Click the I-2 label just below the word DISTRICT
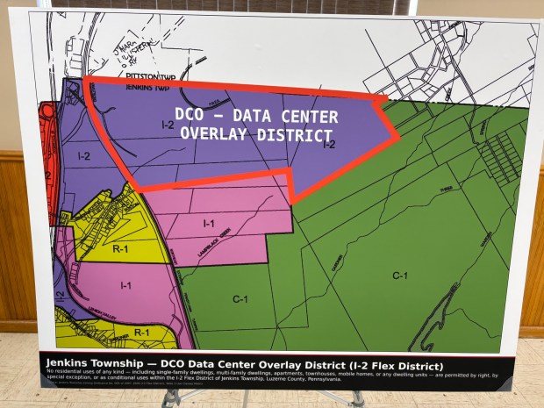[x=329, y=145]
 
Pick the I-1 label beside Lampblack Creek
[x=209, y=224]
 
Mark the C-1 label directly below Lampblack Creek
[x=239, y=298]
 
